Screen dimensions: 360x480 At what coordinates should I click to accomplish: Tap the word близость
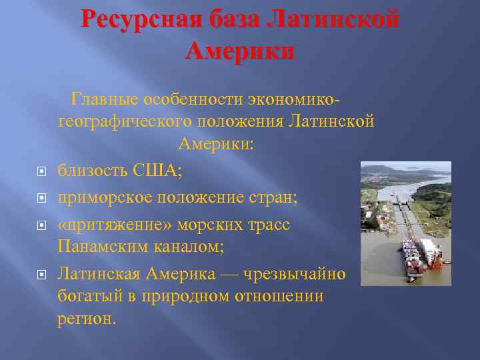point(92,170)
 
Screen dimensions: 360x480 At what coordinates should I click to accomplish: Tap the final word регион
point(86,318)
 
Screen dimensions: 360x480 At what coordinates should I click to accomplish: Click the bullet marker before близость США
point(41,171)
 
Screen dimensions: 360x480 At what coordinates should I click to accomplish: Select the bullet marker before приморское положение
point(41,199)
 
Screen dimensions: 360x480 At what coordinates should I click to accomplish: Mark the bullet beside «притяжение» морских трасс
point(41,225)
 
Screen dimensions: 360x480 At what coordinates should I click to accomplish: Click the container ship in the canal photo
point(420,257)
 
